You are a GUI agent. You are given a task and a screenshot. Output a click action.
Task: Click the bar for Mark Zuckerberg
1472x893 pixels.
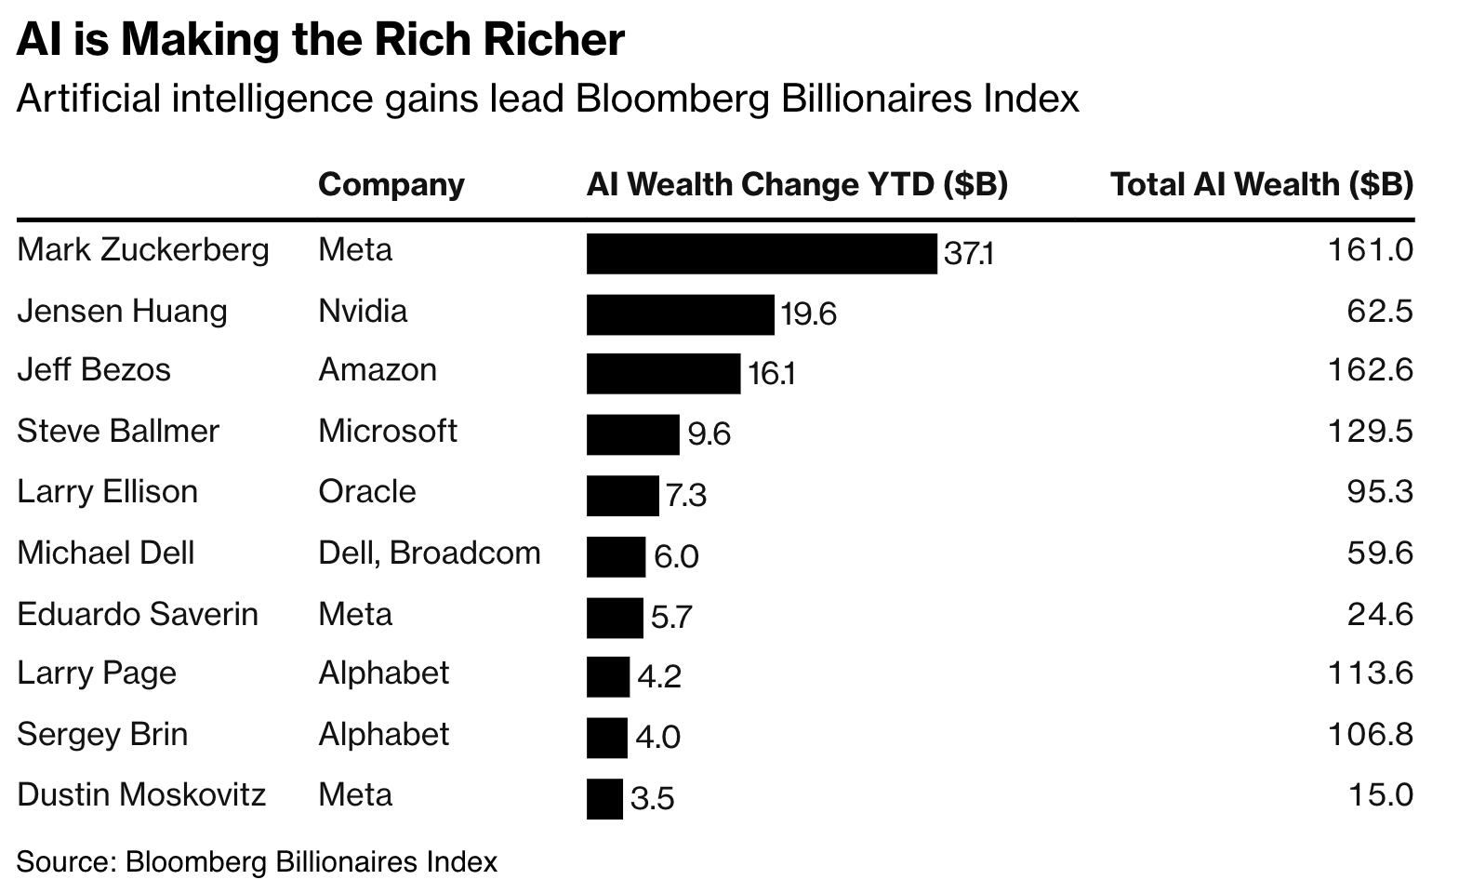(x=761, y=254)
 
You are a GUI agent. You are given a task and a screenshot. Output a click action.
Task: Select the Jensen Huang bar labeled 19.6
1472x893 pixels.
(x=680, y=314)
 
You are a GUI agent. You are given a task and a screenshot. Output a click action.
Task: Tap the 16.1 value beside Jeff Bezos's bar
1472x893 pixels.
(x=771, y=374)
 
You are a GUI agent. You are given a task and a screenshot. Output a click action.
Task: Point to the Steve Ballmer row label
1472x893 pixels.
(x=118, y=432)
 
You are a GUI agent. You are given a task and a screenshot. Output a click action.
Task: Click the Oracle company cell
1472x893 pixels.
(x=367, y=492)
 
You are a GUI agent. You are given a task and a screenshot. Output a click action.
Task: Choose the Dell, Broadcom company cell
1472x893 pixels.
(x=429, y=553)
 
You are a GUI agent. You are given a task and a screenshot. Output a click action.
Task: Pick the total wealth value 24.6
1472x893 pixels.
(x=1380, y=615)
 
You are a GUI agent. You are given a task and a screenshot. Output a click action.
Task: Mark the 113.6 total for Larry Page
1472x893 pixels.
(x=1371, y=673)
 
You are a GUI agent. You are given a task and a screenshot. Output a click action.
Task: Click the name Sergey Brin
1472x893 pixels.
(x=102, y=735)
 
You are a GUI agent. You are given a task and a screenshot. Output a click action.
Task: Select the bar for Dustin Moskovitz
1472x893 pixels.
(x=604, y=799)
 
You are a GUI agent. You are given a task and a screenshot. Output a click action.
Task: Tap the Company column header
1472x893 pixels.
(x=391, y=185)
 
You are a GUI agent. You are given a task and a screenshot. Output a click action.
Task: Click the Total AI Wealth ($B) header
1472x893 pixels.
(x=1262, y=185)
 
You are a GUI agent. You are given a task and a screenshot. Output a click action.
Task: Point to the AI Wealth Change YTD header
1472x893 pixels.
(x=797, y=185)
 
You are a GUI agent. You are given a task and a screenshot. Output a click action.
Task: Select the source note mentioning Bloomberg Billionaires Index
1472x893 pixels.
(x=257, y=862)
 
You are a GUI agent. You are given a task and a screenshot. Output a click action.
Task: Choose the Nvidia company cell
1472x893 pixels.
(x=363, y=311)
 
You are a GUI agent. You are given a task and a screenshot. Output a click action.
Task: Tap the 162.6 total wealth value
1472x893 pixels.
(x=1371, y=370)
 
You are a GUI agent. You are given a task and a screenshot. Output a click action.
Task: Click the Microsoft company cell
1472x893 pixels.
(x=388, y=432)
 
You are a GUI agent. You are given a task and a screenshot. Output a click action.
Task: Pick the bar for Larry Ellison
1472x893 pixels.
(x=622, y=496)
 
